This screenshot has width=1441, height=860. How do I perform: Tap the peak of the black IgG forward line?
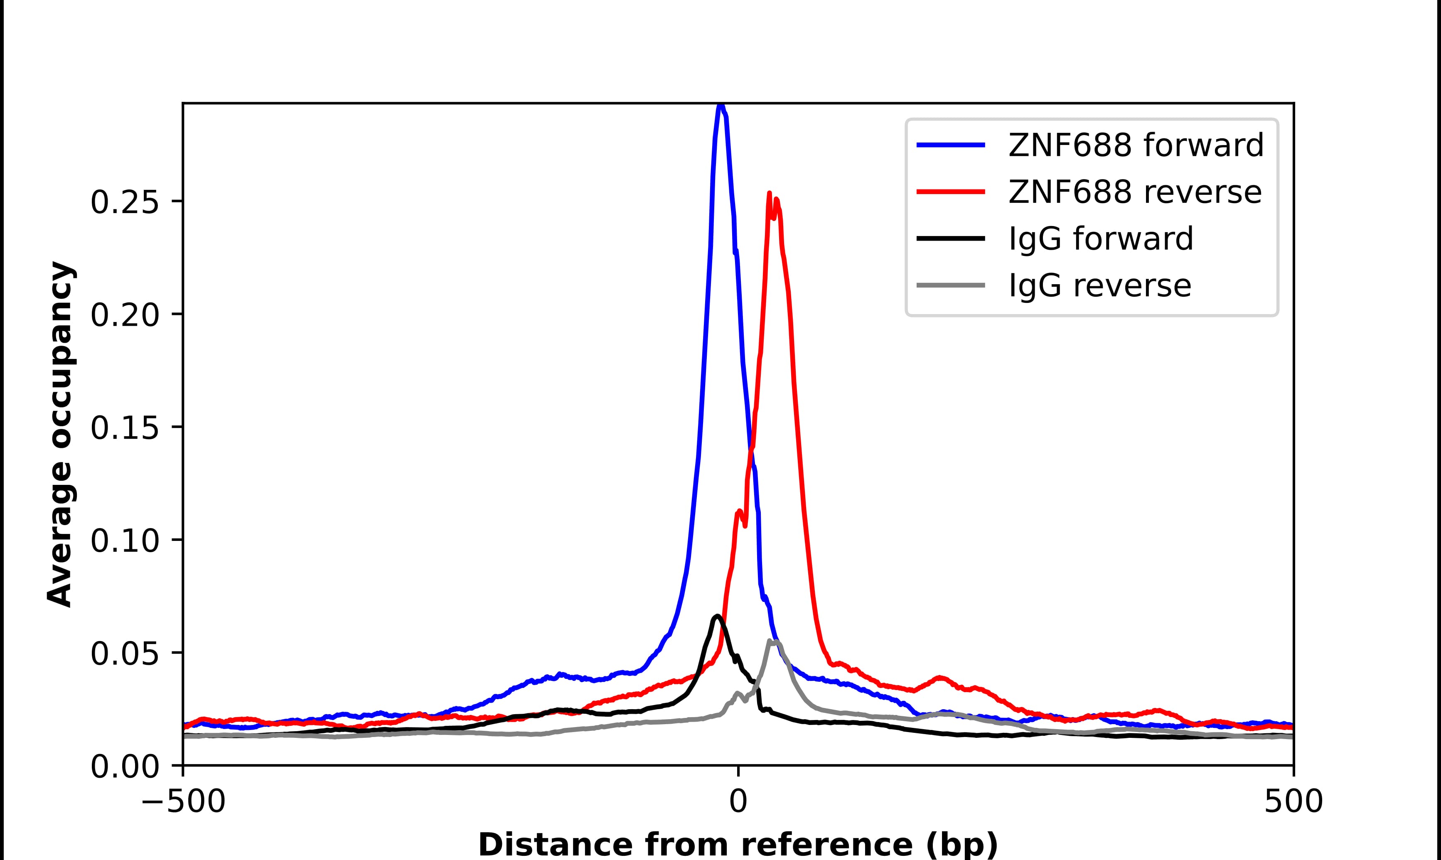tap(717, 616)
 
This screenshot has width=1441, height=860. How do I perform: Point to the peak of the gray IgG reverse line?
tap(773, 641)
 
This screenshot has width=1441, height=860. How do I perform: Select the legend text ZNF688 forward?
tap(1136, 145)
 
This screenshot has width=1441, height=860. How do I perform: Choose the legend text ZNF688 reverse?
tap(1134, 192)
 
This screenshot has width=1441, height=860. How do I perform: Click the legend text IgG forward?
tap(1101, 239)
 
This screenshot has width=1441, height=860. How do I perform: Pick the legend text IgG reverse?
tap(1100, 286)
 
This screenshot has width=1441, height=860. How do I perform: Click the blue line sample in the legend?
tap(951, 145)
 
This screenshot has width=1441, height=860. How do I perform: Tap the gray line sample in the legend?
tap(951, 285)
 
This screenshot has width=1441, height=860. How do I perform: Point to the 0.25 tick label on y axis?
tap(125, 203)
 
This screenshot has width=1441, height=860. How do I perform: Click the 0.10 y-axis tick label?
tap(125, 541)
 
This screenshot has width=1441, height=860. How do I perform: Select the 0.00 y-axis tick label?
tap(125, 767)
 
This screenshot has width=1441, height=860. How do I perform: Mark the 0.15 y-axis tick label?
tap(125, 428)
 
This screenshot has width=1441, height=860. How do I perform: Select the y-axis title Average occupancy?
tap(60, 434)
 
